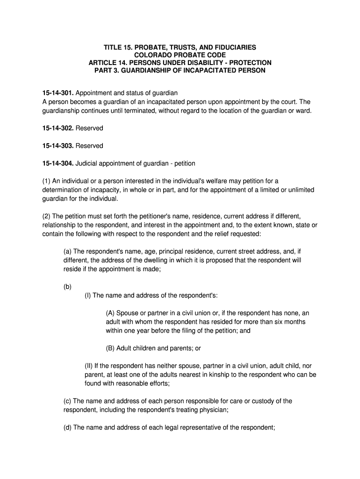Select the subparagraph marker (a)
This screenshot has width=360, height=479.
coord(68,252)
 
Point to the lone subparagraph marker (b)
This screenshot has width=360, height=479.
coord(68,286)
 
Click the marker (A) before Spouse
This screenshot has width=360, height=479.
coord(110,313)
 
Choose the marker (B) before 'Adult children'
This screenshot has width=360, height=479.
coord(110,348)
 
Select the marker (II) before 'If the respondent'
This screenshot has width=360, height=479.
coord(89,366)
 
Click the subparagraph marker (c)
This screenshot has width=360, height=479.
coord(68,401)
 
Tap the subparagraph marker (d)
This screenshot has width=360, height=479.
coord(68,427)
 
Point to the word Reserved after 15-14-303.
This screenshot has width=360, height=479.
coord(89,146)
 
